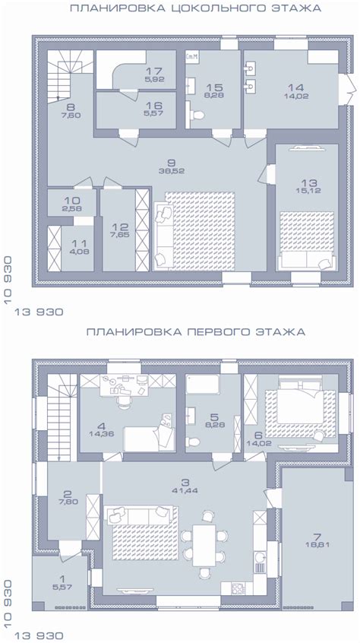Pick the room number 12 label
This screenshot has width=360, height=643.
117,227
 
